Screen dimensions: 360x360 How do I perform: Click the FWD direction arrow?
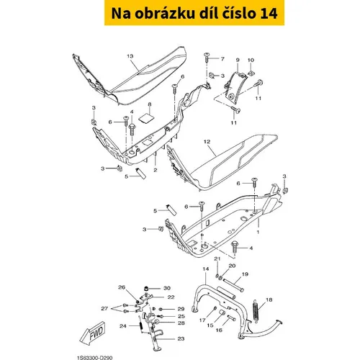pyautogui.click(x=93, y=333)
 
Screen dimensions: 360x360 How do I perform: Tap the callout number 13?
pyautogui.click(x=130, y=56)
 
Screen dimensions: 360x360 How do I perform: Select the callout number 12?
pyautogui.click(x=207, y=142)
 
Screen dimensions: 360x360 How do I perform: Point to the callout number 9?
pyautogui.click(x=238, y=60)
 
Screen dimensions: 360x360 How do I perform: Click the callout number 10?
pyautogui.click(x=251, y=60)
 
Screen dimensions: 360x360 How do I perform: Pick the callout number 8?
pyautogui.click(x=150, y=104)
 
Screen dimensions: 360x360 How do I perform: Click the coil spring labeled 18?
pyautogui.click(x=256, y=310)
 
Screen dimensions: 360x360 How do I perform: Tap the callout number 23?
pyautogui.click(x=181, y=338)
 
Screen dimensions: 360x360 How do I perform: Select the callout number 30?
pyautogui.click(x=167, y=288)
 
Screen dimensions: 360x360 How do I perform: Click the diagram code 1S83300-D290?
pyautogui.click(x=95, y=358)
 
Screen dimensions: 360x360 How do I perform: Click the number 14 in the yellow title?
pyautogui.click(x=269, y=14)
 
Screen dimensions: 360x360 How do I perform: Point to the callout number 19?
pyautogui.click(x=245, y=274)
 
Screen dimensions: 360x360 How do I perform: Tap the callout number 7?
pyautogui.click(x=222, y=59)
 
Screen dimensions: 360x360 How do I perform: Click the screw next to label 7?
pyautogui.click(x=207, y=57)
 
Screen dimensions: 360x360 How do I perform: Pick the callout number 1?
pyautogui.click(x=258, y=233)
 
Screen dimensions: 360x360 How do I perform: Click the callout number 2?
pyautogui.click(x=156, y=170)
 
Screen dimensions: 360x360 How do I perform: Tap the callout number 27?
pyautogui.click(x=104, y=308)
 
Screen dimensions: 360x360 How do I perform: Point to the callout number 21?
pyautogui.click(x=217, y=258)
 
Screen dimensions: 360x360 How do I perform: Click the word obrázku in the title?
pyautogui.click(x=165, y=14)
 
